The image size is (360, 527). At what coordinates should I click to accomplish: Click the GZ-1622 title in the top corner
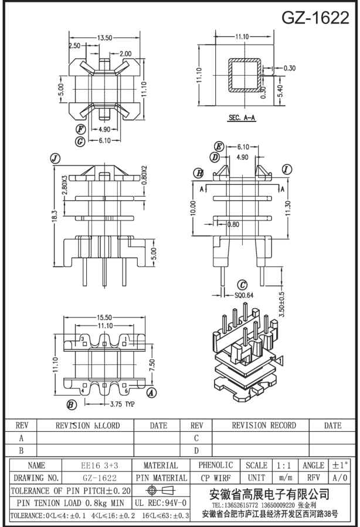tap(315, 18)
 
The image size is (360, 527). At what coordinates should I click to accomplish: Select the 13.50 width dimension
tap(104, 38)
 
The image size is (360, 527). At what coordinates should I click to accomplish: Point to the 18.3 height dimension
tap(55, 217)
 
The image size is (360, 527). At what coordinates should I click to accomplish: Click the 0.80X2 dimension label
tap(144, 175)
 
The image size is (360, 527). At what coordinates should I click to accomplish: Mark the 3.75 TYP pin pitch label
tap(121, 404)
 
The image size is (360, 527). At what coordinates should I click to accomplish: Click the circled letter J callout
tap(56, 158)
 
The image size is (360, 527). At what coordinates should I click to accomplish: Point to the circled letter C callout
tap(241, 285)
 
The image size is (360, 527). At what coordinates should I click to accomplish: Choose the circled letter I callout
tap(287, 170)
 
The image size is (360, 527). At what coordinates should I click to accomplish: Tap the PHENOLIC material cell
tap(216, 465)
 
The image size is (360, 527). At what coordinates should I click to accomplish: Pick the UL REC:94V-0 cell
tap(161, 503)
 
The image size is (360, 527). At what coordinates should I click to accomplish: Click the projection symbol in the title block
tap(161, 490)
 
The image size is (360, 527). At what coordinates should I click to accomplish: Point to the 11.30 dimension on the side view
tap(287, 208)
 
